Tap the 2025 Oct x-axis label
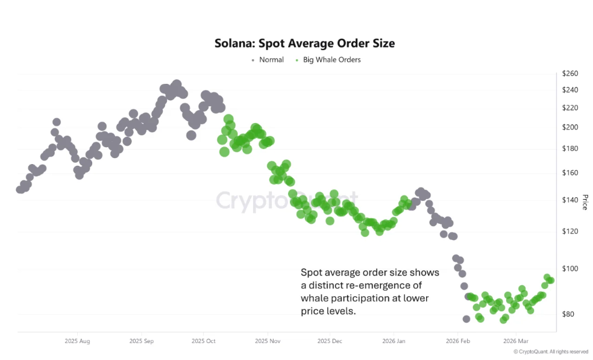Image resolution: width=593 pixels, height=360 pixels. tap(204, 341)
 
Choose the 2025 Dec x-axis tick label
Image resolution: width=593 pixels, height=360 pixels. tap(329, 341)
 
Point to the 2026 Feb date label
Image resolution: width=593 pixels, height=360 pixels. tap(457, 341)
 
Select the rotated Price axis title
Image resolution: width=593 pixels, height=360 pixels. tap(584, 203)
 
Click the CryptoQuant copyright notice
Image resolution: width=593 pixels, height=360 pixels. tap(550, 352)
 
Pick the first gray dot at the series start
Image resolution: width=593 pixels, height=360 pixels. tap(20, 189)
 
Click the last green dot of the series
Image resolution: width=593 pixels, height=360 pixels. tap(550, 280)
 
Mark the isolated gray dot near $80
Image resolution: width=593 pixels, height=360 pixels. tap(466, 319)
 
